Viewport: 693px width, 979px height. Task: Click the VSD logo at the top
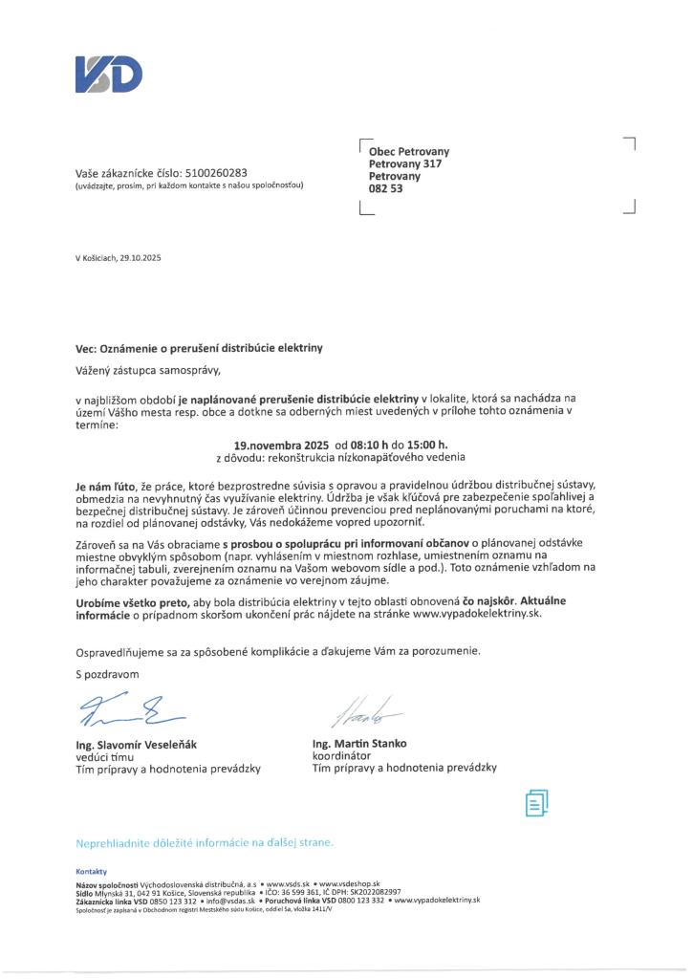109,75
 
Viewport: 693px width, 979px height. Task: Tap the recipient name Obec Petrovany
409,151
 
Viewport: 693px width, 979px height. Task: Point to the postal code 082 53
385,188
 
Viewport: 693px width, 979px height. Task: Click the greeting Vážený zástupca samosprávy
153,368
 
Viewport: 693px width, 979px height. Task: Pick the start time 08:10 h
373,445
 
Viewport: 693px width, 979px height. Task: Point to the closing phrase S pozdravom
107,675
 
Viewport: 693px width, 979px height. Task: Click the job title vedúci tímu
107,756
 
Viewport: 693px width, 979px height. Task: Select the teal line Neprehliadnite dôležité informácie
205,843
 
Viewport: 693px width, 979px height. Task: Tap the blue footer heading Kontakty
91,871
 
